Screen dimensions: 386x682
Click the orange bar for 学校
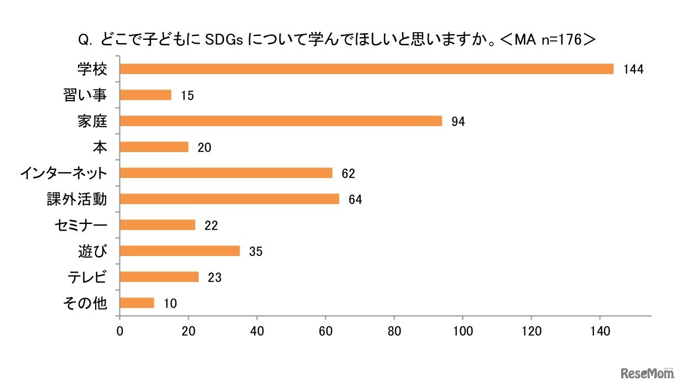pyautogui.click(x=366, y=69)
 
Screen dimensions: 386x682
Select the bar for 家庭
pyautogui.click(x=280, y=121)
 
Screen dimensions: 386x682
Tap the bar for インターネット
pyautogui.click(x=226, y=173)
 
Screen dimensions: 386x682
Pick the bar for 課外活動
pyautogui.click(x=229, y=199)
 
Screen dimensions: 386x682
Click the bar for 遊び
pyautogui.click(x=179, y=251)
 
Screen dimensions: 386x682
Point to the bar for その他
pyautogui.click(x=137, y=303)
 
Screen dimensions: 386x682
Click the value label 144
pyautogui.click(x=633, y=70)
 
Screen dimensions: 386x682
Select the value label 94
pyautogui.click(x=458, y=122)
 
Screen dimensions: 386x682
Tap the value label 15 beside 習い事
pyautogui.click(x=187, y=96)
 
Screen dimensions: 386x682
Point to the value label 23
pyautogui.click(x=215, y=278)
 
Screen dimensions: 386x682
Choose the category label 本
pyautogui.click(x=100, y=147)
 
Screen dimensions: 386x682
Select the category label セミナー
pyautogui.click(x=80, y=225)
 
